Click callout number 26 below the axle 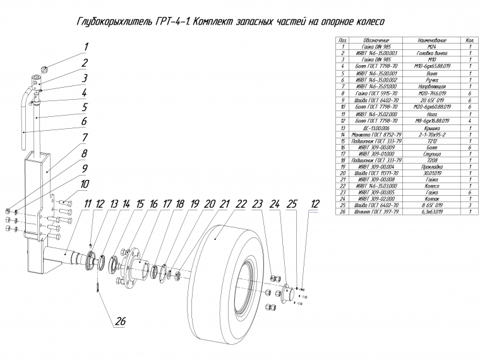click(x=119, y=320)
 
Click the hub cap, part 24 click(x=285, y=291)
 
